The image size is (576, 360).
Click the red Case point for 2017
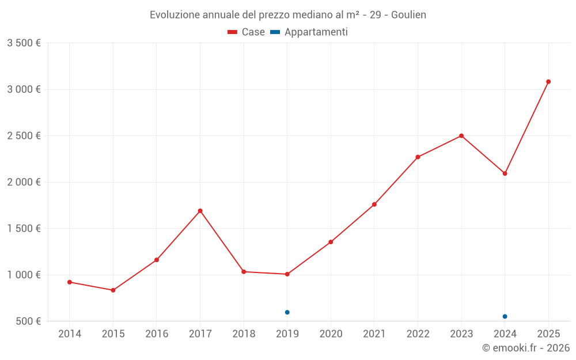200,211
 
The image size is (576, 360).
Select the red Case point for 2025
548,82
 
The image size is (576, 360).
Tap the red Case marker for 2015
113,290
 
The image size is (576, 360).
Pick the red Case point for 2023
461,136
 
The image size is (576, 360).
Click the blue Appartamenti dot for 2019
287,312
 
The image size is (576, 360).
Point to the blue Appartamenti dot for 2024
505,317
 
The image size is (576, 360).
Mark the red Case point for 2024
505,173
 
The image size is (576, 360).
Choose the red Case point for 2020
331,242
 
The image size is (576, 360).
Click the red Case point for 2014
70,282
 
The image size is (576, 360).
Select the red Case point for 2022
418,157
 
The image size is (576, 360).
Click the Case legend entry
246,32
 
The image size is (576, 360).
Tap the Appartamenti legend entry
309,32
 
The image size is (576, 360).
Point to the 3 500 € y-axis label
24,43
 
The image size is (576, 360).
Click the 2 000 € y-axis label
24,182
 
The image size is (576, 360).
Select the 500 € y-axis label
28,321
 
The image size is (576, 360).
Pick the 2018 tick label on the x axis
244,334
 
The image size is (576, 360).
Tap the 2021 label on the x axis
374,334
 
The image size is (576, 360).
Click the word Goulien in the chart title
408,15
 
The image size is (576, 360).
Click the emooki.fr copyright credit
526,348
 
